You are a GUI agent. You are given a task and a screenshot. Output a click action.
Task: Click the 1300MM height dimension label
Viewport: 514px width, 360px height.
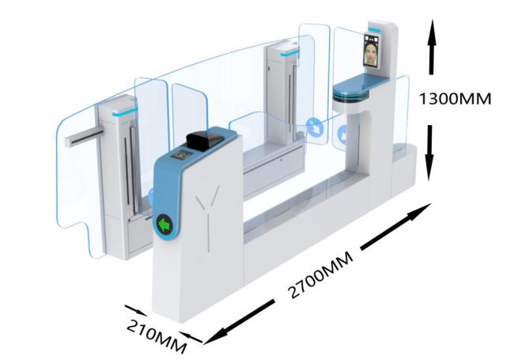pos(455,99)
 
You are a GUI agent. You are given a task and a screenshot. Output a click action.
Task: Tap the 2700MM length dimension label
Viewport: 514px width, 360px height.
pos(321,275)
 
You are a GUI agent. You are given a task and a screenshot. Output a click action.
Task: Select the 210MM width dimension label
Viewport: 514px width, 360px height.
pos(157,336)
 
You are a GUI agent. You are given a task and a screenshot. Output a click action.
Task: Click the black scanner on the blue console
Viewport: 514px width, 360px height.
pos(204,139)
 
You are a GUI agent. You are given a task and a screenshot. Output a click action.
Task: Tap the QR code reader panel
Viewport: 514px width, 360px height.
pos(181,154)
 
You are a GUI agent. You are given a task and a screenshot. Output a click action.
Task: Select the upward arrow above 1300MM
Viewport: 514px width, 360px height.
pos(433,47)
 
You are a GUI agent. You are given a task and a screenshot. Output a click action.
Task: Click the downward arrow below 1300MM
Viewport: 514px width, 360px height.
pos(429,153)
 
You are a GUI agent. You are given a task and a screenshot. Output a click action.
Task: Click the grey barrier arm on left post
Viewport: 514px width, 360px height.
pos(84,138)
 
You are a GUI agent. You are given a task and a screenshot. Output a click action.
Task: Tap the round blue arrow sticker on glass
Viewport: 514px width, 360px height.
pos(315,127)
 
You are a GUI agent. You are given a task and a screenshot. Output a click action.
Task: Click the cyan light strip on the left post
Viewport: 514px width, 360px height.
pos(125,112)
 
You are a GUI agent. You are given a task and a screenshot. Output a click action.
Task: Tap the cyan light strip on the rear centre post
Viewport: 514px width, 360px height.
pos(289,52)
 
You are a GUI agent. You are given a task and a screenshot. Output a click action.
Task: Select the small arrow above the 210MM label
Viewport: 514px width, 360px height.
pos(136,310)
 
